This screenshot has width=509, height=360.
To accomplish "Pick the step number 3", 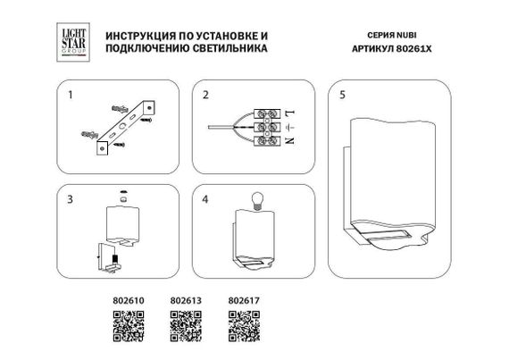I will point(67,198).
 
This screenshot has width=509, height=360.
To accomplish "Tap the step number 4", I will point(204,198).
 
